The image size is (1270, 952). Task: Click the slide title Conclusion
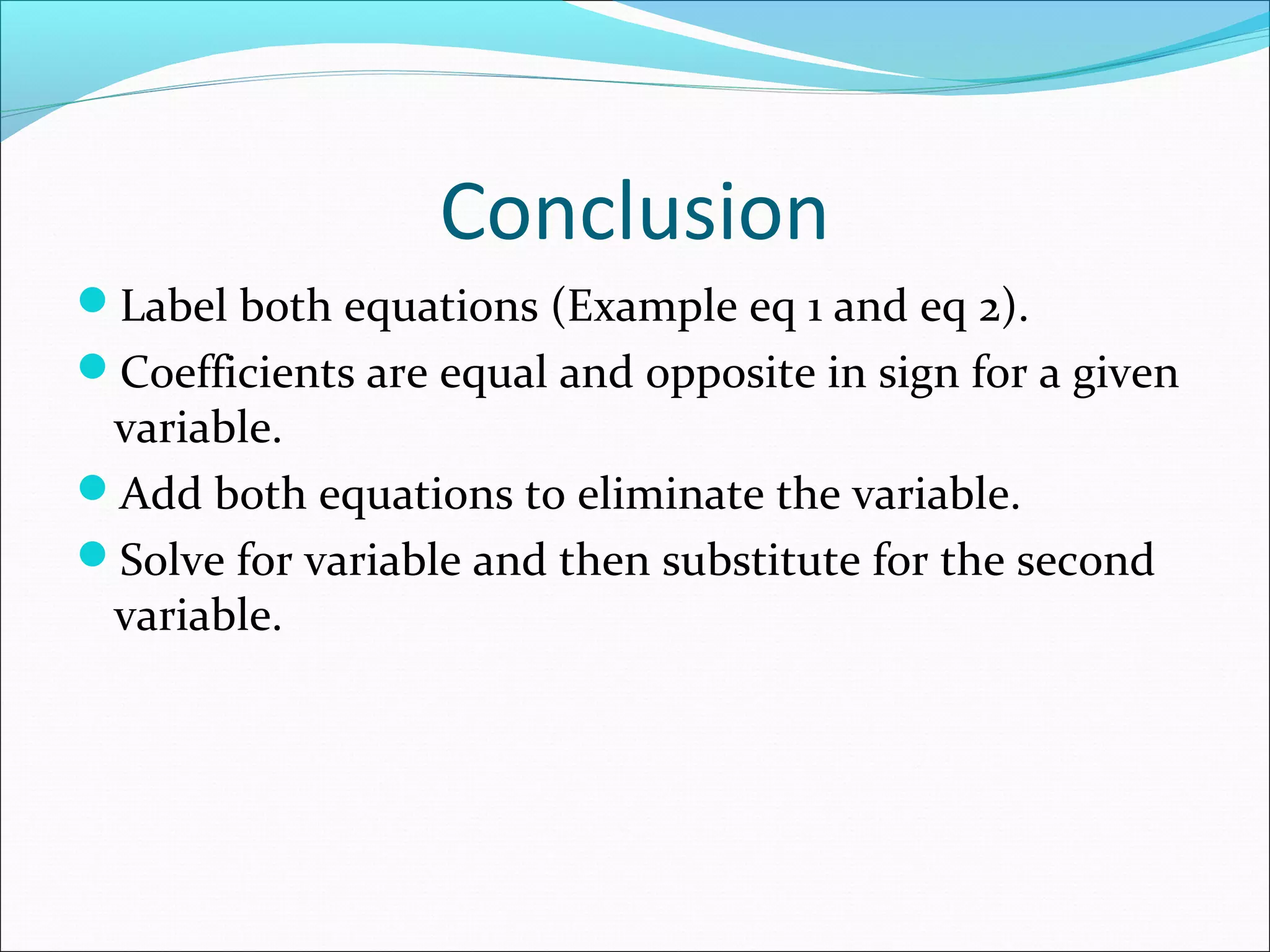tap(634, 212)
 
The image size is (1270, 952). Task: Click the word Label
tap(174, 306)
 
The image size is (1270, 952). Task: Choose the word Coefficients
tap(238, 373)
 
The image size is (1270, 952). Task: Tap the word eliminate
tap(670, 494)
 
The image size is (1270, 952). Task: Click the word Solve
tap(172, 560)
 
